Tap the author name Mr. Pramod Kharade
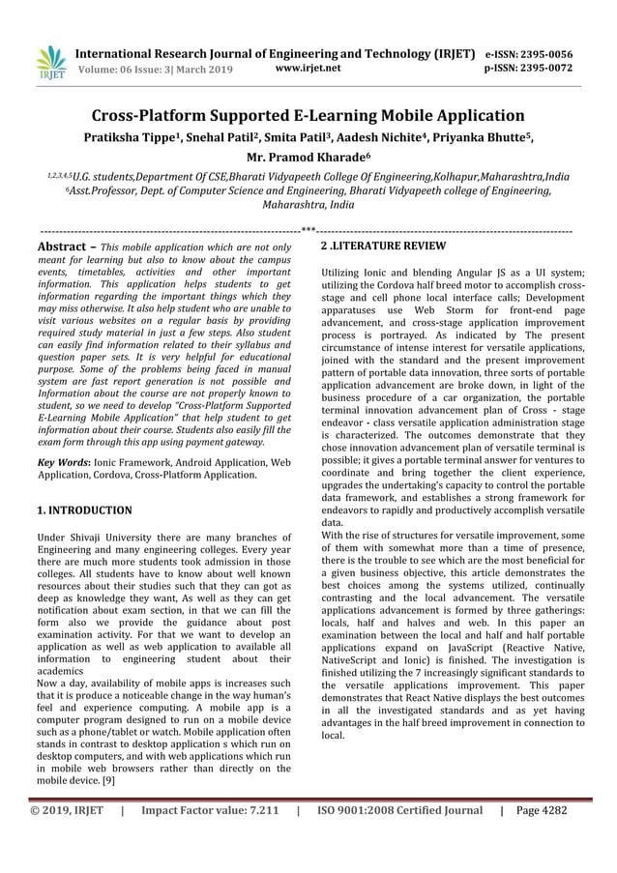[x=308, y=158]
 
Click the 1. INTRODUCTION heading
[x=84, y=509]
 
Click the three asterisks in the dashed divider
[x=308, y=231]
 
